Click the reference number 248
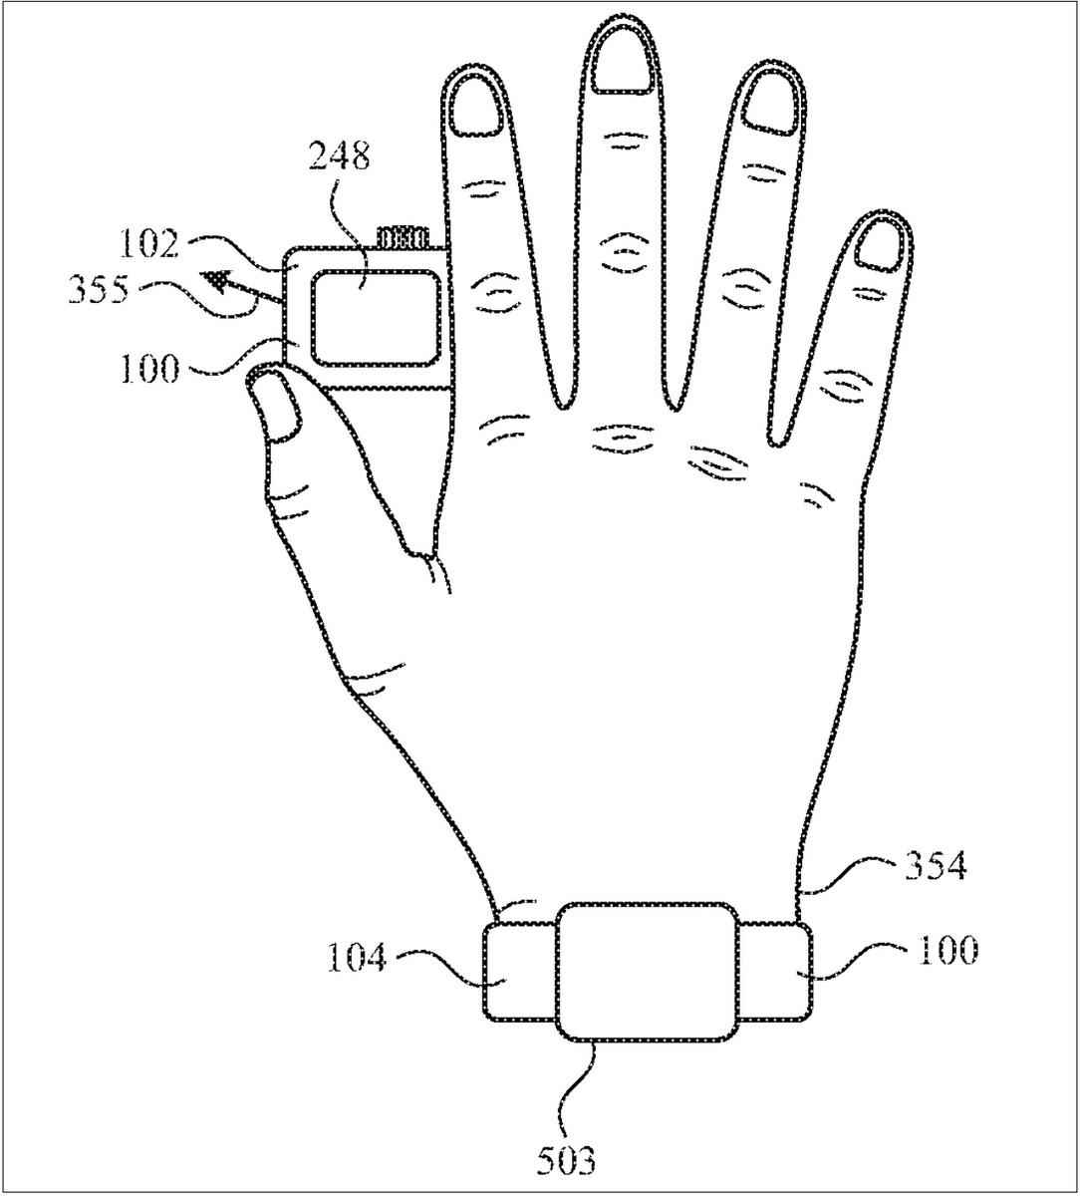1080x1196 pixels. (x=340, y=156)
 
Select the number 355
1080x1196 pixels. (x=99, y=290)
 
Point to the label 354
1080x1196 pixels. (x=936, y=867)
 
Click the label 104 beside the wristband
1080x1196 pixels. (x=357, y=960)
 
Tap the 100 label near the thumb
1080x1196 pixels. (x=149, y=369)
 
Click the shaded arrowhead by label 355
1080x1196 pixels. (x=217, y=281)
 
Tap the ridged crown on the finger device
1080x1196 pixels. (x=405, y=236)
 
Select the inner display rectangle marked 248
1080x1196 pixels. (x=375, y=318)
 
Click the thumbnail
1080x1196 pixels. (x=276, y=405)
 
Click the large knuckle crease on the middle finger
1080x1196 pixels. (x=622, y=252)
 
